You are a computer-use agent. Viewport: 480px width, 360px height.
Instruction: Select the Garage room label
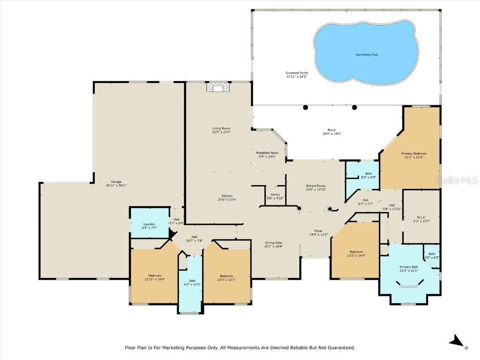pyautogui.click(x=116, y=182)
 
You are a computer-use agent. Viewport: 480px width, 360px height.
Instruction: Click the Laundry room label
pyautogui.click(x=149, y=224)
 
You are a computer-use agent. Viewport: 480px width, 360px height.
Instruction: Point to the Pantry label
pyautogui.click(x=275, y=195)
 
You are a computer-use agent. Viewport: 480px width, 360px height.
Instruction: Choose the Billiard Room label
pyautogui.click(x=315, y=186)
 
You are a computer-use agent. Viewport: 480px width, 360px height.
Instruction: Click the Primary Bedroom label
pyautogui.click(x=413, y=153)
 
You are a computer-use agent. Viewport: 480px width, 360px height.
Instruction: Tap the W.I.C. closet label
pyautogui.click(x=420, y=217)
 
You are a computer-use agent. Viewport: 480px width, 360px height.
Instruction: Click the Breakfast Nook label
pyautogui.click(x=267, y=153)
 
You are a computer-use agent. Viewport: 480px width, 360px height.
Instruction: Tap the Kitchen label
pyautogui.click(x=227, y=196)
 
